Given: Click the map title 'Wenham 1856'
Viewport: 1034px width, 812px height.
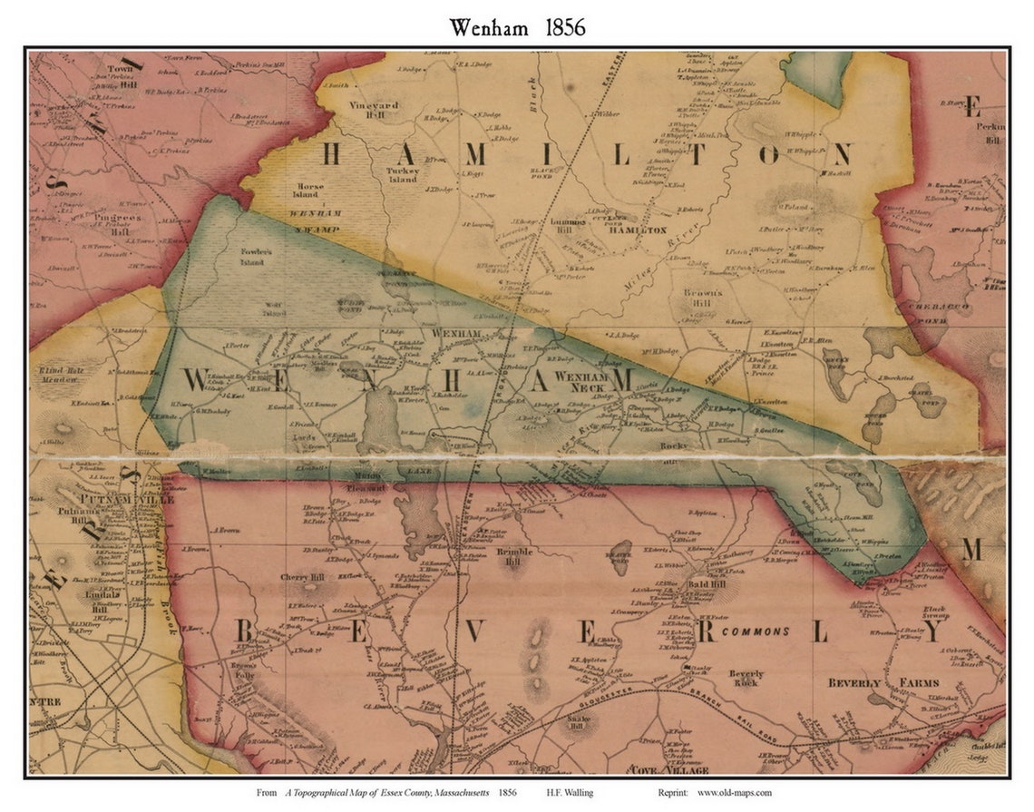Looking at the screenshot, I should click(517, 27).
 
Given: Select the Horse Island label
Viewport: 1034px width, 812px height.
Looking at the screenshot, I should click(305, 191).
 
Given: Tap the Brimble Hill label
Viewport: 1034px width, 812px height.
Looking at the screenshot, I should click(515, 556).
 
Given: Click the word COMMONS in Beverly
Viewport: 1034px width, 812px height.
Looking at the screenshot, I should click(756, 631).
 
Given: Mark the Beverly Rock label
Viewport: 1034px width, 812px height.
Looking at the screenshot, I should click(746, 680).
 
